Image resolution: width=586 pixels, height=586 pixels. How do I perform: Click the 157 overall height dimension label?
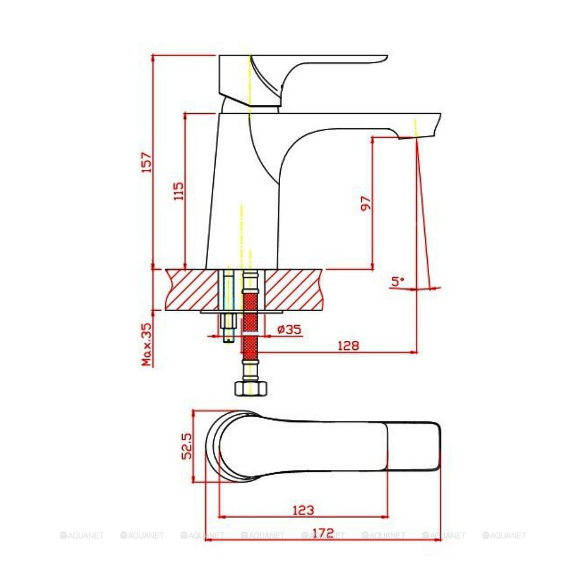(147, 162)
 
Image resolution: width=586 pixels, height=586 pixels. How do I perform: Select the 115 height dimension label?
(179, 191)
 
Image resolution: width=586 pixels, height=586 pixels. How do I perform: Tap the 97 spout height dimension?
(366, 203)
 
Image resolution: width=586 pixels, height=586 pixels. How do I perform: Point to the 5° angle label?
(398, 281)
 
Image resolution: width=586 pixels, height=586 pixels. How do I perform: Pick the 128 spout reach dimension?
(348, 345)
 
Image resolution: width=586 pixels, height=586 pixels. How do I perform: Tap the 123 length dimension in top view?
(302, 510)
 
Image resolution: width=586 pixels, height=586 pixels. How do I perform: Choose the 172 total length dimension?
(323, 533)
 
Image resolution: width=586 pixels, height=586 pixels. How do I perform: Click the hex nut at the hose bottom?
(250, 389)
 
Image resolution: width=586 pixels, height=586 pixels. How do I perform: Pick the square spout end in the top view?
(414, 446)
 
